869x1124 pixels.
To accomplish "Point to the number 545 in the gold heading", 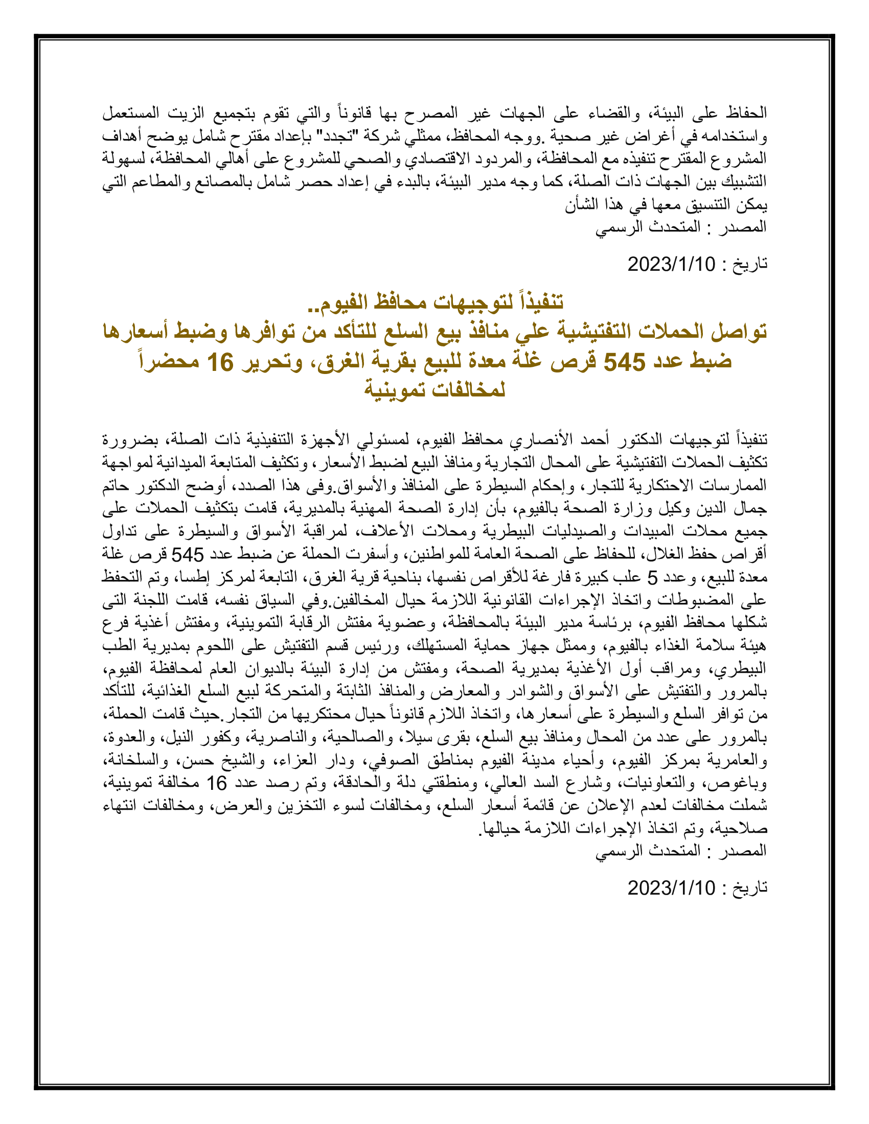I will click(x=624, y=362).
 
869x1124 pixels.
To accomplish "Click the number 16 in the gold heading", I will click(x=220, y=362).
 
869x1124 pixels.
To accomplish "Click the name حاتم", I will click(x=115, y=485).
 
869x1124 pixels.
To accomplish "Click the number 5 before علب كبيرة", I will click(x=652, y=577).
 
